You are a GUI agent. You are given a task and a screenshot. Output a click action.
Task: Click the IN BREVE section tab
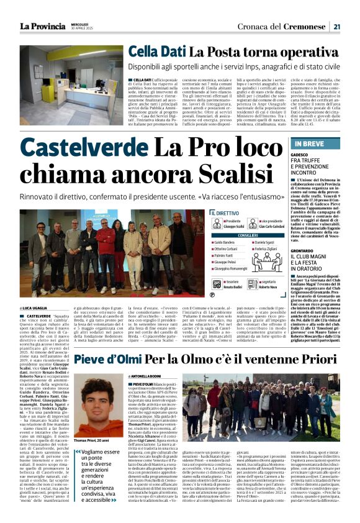(x=307, y=144)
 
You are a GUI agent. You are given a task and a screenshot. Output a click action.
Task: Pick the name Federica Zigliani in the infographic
(x=268, y=248)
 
